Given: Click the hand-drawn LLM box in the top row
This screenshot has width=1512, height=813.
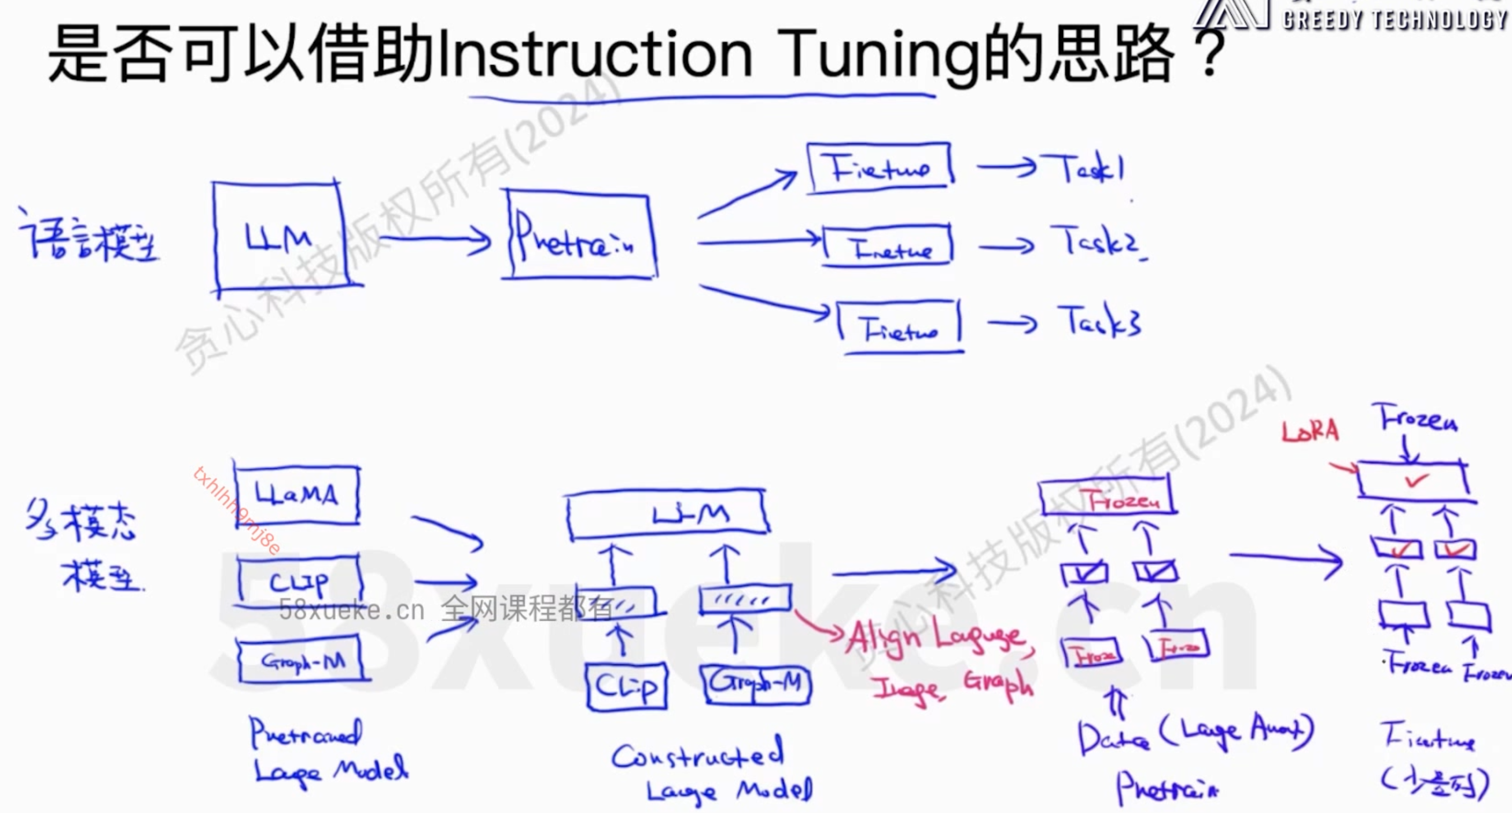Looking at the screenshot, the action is (x=278, y=237).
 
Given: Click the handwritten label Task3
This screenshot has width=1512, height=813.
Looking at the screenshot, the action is (x=1100, y=322).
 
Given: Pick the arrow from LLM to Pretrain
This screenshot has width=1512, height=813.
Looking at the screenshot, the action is (x=435, y=240).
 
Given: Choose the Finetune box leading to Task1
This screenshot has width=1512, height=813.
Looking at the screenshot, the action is (x=880, y=167).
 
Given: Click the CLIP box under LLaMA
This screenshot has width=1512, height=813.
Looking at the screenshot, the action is (x=299, y=581).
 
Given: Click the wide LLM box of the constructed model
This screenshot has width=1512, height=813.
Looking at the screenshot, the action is (x=667, y=513).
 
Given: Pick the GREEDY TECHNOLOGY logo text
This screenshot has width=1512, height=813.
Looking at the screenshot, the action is (x=1395, y=19).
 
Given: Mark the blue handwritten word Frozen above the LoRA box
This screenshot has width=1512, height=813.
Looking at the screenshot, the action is (x=1418, y=418).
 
